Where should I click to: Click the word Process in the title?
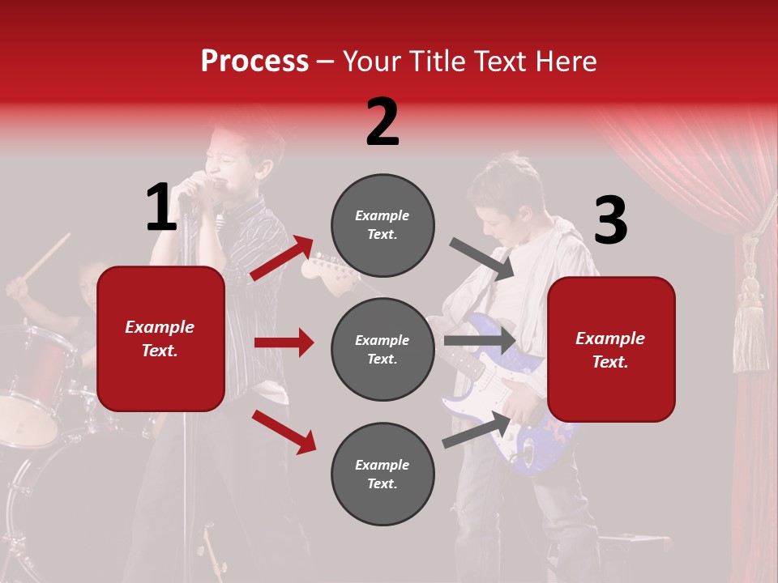(254, 62)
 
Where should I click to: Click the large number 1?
(161, 207)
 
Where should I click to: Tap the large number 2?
(383, 122)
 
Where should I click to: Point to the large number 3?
(610, 221)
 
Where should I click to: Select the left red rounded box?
(160, 338)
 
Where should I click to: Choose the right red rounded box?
(611, 349)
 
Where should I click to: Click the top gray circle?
(383, 225)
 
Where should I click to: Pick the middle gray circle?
(383, 349)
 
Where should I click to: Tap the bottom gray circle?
(383, 474)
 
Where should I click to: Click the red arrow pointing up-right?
(281, 257)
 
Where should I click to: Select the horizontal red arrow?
(284, 343)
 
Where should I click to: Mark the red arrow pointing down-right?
(284, 432)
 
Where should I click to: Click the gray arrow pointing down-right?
(481, 258)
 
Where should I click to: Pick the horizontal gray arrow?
(480, 340)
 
